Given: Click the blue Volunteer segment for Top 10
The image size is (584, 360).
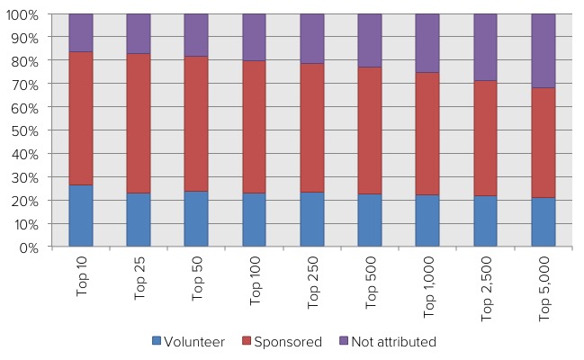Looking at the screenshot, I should coord(81,216).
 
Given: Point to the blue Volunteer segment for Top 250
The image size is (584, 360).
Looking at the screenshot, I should coord(312,219).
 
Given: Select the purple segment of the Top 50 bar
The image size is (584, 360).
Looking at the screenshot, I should coord(196,35).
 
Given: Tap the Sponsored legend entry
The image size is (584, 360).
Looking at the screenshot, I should coord(276,342).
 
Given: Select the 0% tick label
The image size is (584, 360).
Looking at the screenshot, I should coord(31,247).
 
